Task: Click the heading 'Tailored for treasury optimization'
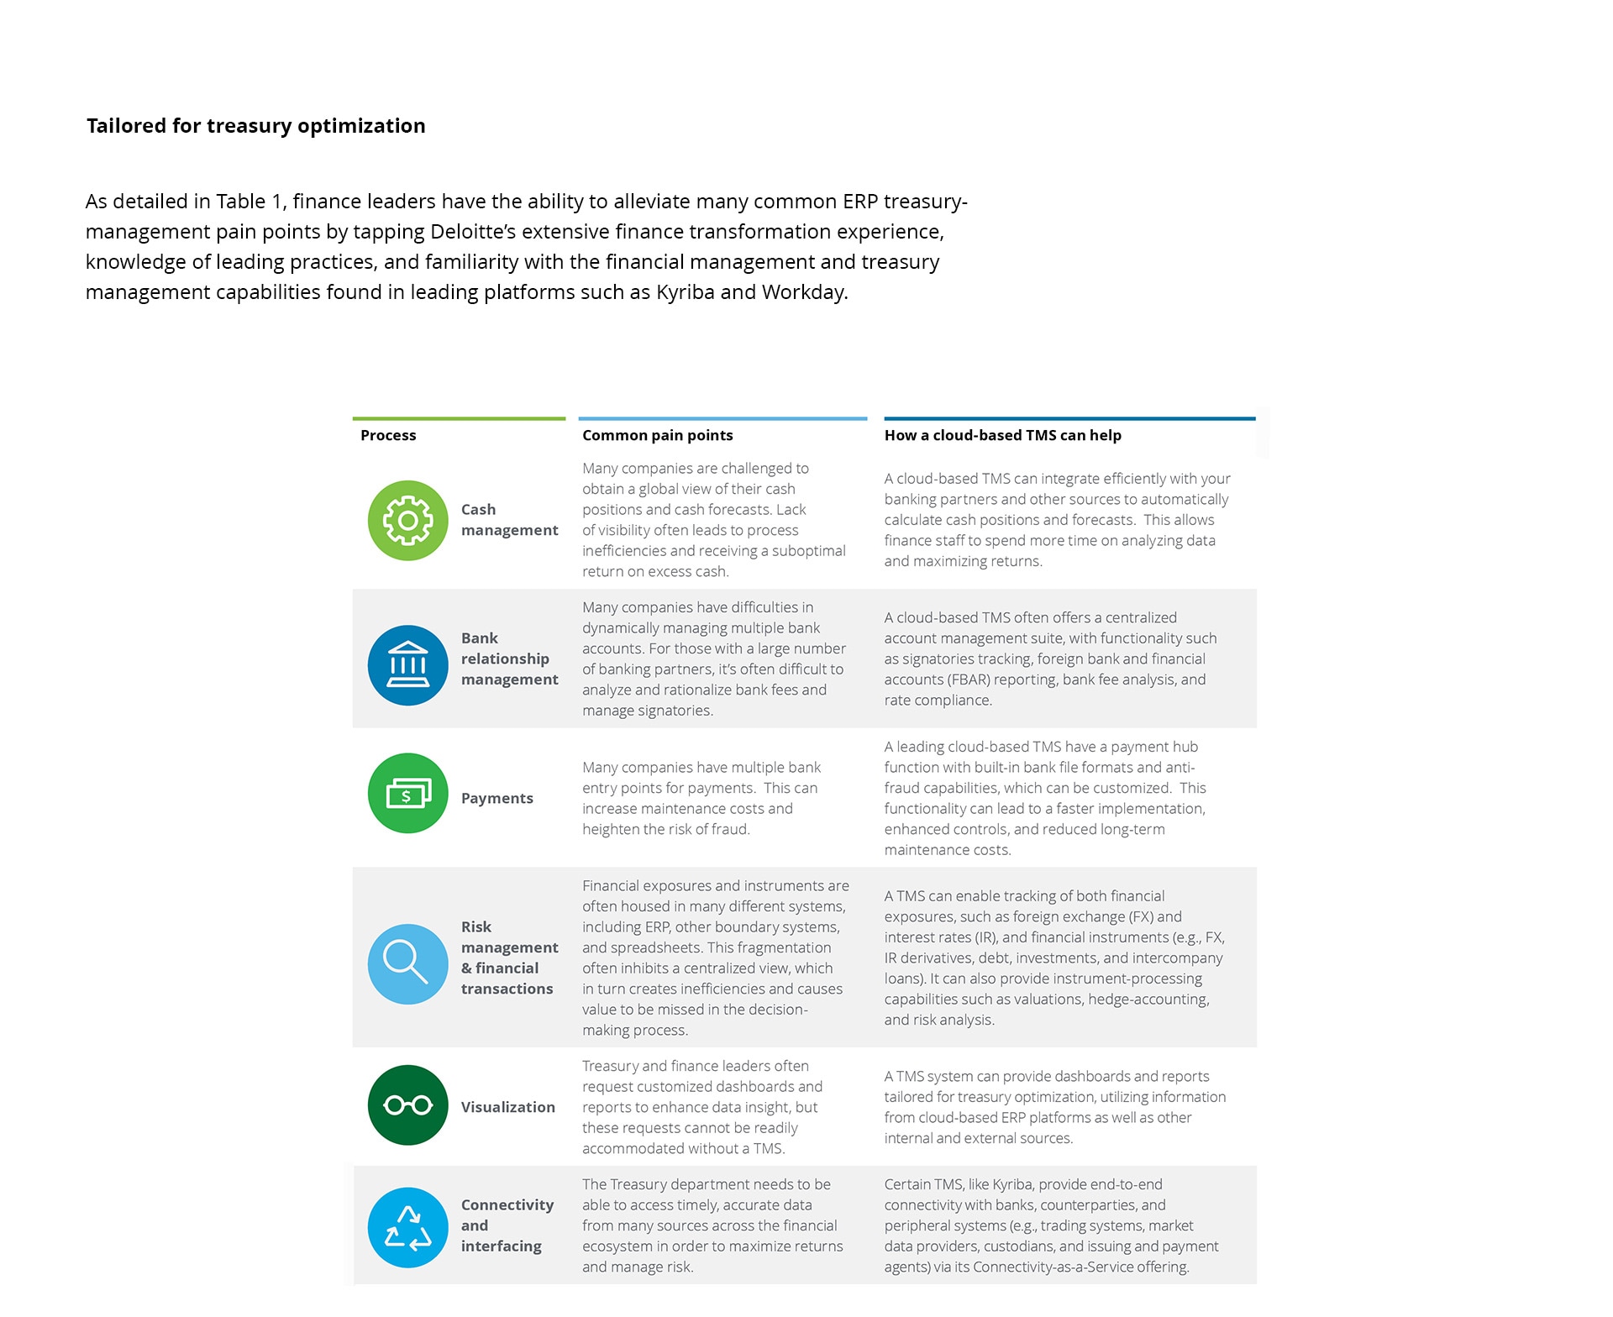255,126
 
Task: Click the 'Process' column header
388,435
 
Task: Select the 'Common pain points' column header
657,435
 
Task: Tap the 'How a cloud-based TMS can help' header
1002,435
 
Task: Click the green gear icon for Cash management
408,521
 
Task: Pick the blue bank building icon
408,665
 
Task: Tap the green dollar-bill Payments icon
408,793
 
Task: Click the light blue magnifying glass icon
408,963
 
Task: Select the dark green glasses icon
408,1105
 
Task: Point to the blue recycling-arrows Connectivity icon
408,1227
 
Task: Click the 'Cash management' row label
509,520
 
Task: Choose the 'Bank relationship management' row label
509,658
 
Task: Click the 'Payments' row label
497,798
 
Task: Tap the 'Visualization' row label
507,1107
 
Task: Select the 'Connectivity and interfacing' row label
507,1225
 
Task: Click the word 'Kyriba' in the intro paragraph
685,292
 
